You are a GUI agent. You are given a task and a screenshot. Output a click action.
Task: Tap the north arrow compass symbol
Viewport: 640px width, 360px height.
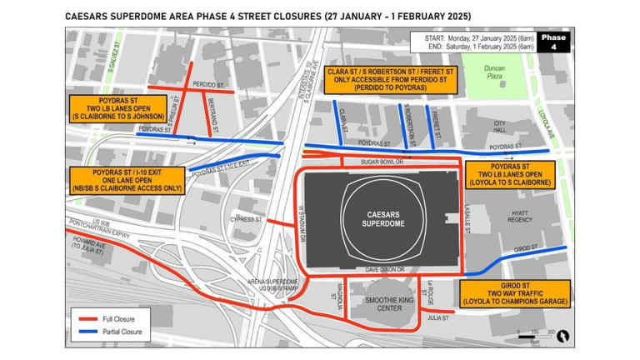[x=563, y=337]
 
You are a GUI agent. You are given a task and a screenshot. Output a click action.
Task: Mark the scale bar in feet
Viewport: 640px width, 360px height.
[x=529, y=335]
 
